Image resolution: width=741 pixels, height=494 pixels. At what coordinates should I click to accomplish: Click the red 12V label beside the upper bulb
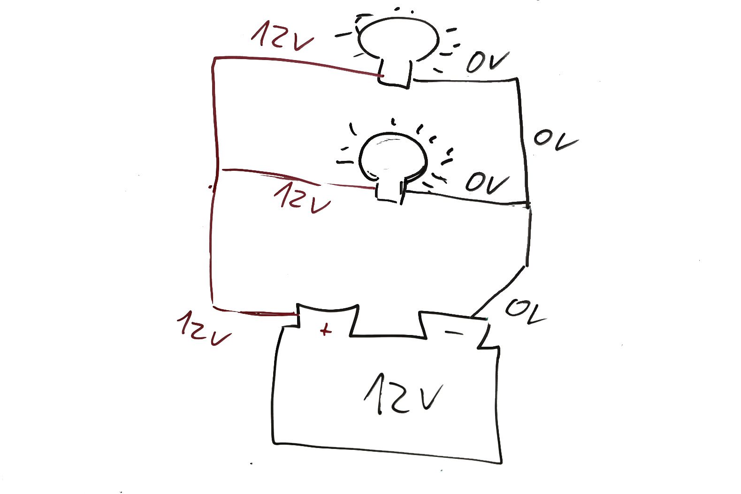click(x=282, y=35)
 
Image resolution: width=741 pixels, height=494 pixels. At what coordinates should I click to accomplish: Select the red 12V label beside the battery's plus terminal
click(x=203, y=327)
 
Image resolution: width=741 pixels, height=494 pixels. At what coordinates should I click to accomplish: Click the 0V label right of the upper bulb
click(x=487, y=62)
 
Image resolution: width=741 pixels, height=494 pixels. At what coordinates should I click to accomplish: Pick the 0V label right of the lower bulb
click(x=487, y=183)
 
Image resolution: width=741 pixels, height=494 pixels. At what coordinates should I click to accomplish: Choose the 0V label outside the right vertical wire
click(x=555, y=139)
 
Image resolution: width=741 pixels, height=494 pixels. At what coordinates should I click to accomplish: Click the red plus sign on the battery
click(x=325, y=330)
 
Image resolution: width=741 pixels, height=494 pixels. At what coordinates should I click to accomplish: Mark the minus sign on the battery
click(x=453, y=333)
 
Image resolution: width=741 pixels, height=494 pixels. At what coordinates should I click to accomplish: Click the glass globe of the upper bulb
click(x=398, y=38)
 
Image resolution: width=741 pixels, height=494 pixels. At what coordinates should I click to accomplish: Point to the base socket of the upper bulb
click(x=395, y=74)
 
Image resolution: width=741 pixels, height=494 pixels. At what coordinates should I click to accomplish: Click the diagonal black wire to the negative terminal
click(x=499, y=291)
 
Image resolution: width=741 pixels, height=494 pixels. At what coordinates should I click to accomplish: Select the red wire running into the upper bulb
click(x=296, y=63)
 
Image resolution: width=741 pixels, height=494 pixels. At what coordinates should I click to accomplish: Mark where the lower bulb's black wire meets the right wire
click(x=528, y=205)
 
